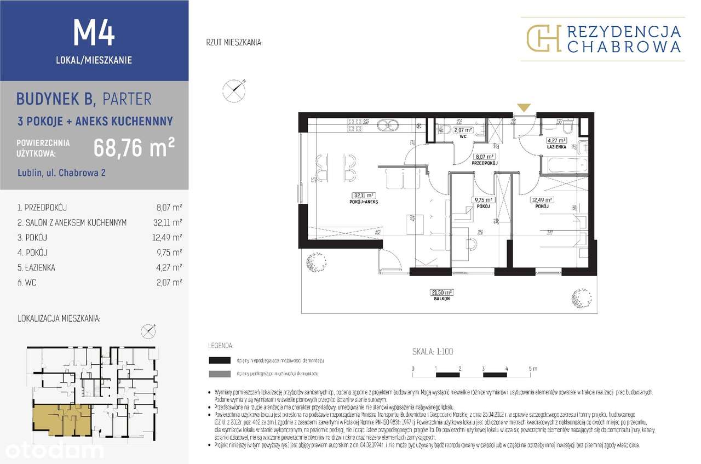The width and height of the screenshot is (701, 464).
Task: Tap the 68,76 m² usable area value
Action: pyautogui.click(x=134, y=147)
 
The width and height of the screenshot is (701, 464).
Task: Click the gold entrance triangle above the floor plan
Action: pyautogui.click(x=524, y=107)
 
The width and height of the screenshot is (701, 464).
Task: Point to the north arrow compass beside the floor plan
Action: pyautogui.click(x=234, y=90)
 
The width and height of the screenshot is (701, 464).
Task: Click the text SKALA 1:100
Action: pyautogui.click(x=433, y=352)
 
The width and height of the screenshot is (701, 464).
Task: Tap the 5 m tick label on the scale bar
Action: pyautogui.click(x=533, y=368)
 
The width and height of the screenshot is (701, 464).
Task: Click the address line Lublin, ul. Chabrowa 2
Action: pyautogui.click(x=61, y=173)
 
